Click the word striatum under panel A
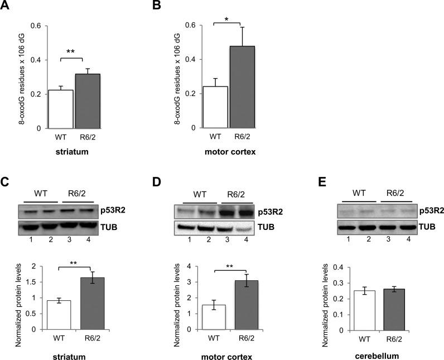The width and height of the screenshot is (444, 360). (71, 153)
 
